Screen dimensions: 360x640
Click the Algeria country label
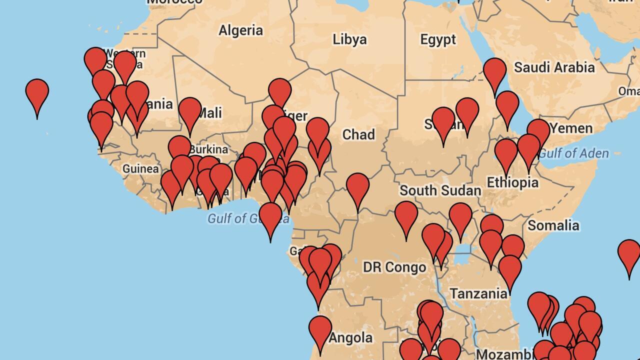pos(240,30)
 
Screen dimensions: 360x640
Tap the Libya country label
pos(349,39)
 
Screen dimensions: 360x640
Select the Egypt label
pos(438,39)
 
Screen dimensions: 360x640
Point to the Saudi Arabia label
pos(554,67)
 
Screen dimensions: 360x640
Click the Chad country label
pos(358,134)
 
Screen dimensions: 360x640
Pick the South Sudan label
pos(440,190)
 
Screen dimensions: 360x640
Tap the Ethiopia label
pos(512,182)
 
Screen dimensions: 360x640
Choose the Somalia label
pos(553,225)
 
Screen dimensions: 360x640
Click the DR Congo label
pos(394,267)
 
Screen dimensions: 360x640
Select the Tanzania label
pos(478,293)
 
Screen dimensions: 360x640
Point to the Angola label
pos(350,338)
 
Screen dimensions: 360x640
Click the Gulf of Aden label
pos(573,153)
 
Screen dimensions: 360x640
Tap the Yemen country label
pos(571,128)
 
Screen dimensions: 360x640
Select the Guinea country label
pos(140,169)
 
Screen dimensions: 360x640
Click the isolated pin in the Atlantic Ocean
pos(37,93)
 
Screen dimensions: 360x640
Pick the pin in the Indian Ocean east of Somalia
pos(629,254)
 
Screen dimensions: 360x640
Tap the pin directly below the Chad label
pos(357,187)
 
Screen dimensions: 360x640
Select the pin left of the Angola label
pos(320,330)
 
